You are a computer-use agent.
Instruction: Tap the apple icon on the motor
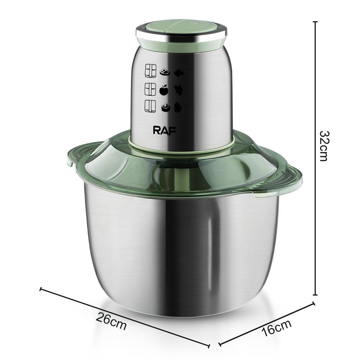click(x=164, y=89)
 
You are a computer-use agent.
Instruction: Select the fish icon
click(x=179, y=73)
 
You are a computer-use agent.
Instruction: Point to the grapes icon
click(x=179, y=89)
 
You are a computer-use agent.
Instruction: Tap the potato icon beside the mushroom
click(x=178, y=107)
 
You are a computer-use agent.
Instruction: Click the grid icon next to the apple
click(x=150, y=88)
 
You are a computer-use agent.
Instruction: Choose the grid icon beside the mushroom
click(x=150, y=107)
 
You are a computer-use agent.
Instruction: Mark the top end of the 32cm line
click(x=315, y=22)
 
